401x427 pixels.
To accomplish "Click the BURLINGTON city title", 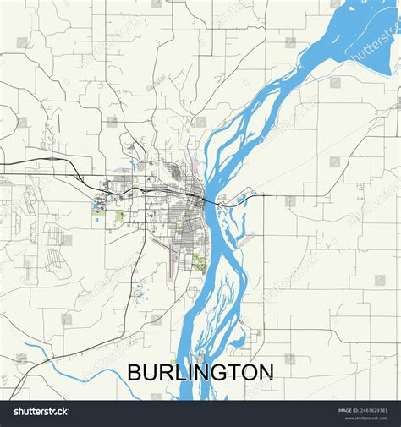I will tap(200, 372).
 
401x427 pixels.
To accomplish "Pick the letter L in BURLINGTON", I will tap(180, 372).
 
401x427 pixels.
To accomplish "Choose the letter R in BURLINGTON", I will tap(166, 372).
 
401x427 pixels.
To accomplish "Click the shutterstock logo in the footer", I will tap(40, 411).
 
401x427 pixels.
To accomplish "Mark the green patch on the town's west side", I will tap(118, 215).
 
